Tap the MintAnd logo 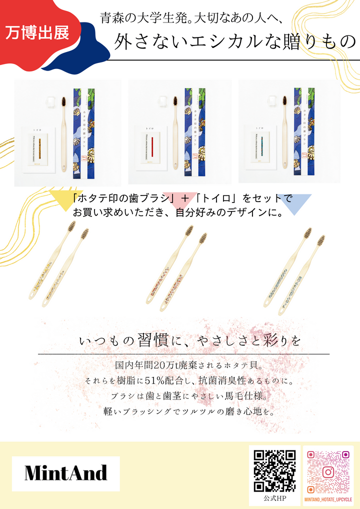coord(66,472)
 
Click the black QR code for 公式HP coord(274,470)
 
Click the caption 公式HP coord(274,498)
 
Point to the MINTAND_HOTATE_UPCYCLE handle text coord(328,499)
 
